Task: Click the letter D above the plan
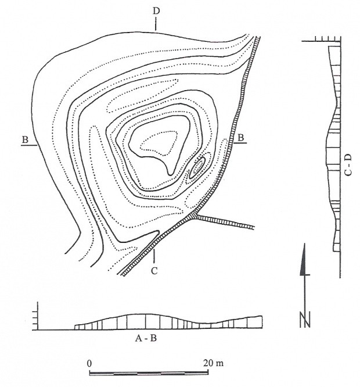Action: tap(156, 11)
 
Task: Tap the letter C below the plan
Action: tap(154, 271)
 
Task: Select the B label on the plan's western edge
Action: tap(25, 139)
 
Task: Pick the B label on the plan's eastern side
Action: tap(240, 137)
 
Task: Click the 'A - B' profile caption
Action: tap(146, 338)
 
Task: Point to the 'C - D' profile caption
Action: tap(348, 165)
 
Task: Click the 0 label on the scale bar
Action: tap(89, 363)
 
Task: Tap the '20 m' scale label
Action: tap(213, 363)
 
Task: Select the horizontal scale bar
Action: tap(149, 372)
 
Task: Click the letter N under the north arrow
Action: tap(305, 320)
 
